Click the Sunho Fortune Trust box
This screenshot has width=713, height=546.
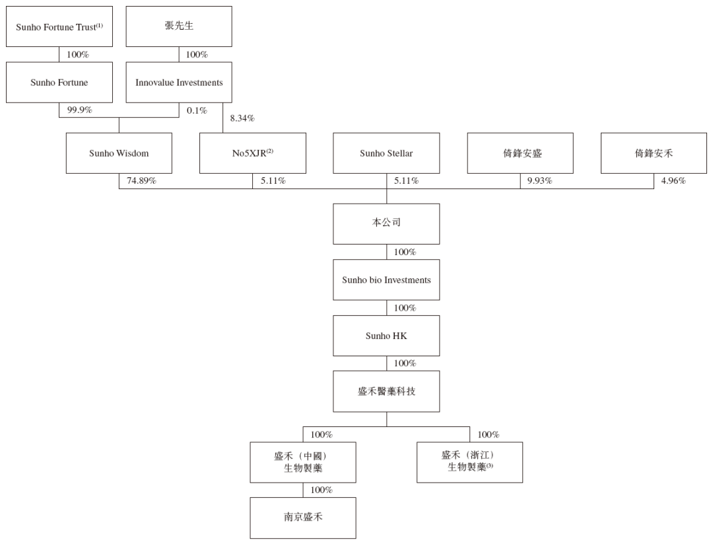pyautogui.click(x=59, y=26)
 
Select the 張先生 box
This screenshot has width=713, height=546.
pyautogui.click(x=178, y=26)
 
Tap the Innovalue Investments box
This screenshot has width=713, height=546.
pyautogui.click(x=178, y=83)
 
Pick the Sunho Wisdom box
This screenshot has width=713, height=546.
pyautogui.click(x=119, y=153)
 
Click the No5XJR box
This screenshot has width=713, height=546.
pyautogui.click(x=253, y=153)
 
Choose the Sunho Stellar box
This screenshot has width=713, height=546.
pyautogui.click(x=386, y=153)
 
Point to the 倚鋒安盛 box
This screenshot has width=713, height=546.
pyautogui.click(x=520, y=153)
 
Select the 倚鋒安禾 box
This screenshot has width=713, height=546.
pyautogui.click(x=654, y=153)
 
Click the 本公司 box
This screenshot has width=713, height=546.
pyautogui.click(x=386, y=223)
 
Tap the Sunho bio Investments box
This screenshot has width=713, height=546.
pyautogui.click(x=386, y=280)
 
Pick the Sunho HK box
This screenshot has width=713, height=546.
pyautogui.click(x=386, y=336)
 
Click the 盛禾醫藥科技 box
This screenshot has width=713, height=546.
pyautogui.click(x=386, y=391)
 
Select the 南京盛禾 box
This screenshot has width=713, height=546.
pyautogui.click(x=303, y=518)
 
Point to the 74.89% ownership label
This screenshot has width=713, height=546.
pyautogui.click(x=141, y=181)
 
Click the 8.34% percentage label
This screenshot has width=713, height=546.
pyautogui.click(x=242, y=119)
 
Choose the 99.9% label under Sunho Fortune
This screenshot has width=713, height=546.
pyautogui.click(x=79, y=110)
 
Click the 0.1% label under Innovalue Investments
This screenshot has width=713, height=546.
pyautogui.click(x=197, y=110)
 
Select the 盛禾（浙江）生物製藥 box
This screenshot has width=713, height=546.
pyautogui.click(x=469, y=461)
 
